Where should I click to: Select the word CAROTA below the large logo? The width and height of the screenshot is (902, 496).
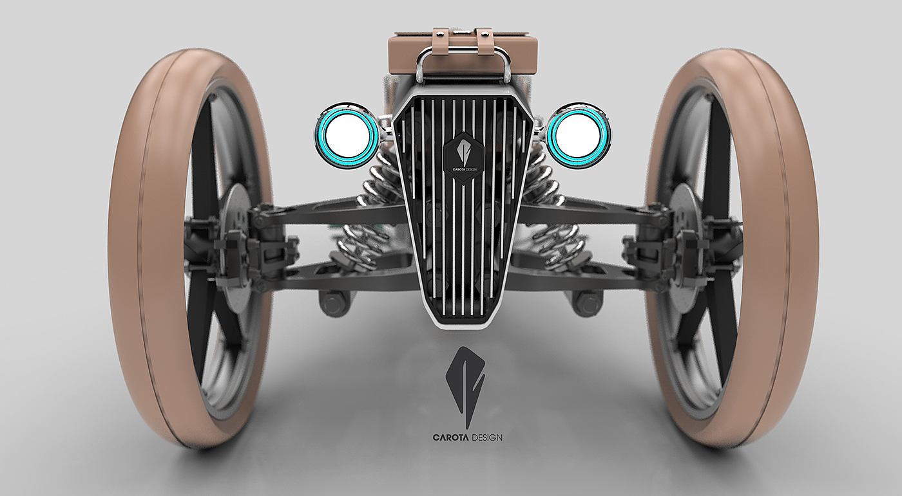[450, 437]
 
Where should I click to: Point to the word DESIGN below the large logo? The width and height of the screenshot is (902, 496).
[486, 437]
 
